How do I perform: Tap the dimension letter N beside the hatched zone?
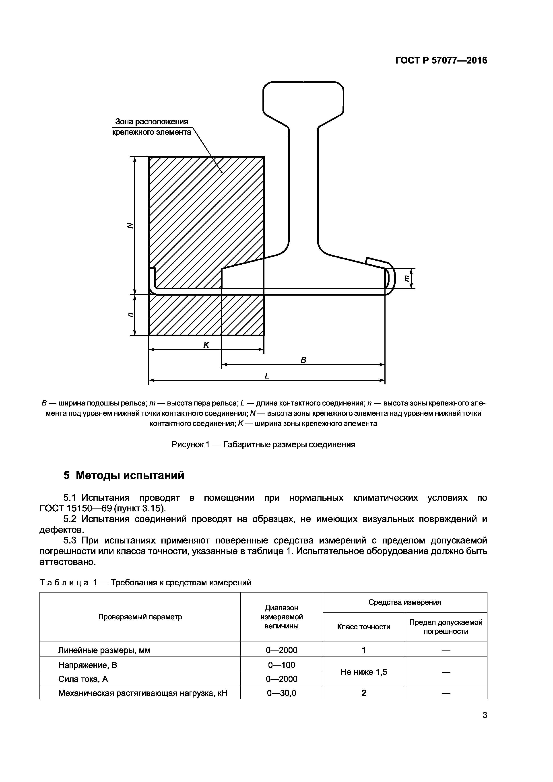pyautogui.click(x=130, y=225)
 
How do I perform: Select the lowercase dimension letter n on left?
pyautogui.click(x=130, y=315)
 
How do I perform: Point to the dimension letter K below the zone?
pyautogui.click(x=206, y=345)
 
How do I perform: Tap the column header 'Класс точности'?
pyautogui.click(x=363, y=627)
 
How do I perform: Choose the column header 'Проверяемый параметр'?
pyautogui.click(x=140, y=617)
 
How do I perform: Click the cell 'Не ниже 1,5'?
pyautogui.click(x=363, y=672)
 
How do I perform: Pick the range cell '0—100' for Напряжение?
pyautogui.click(x=281, y=665)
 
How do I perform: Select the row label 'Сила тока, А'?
pyautogui.click(x=83, y=679)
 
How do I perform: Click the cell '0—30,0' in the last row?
pyautogui.click(x=281, y=693)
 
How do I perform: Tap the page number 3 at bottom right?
pyautogui.click(x=485, y=724)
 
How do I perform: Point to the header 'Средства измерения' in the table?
pyautogui.click(x=404, y=602)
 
